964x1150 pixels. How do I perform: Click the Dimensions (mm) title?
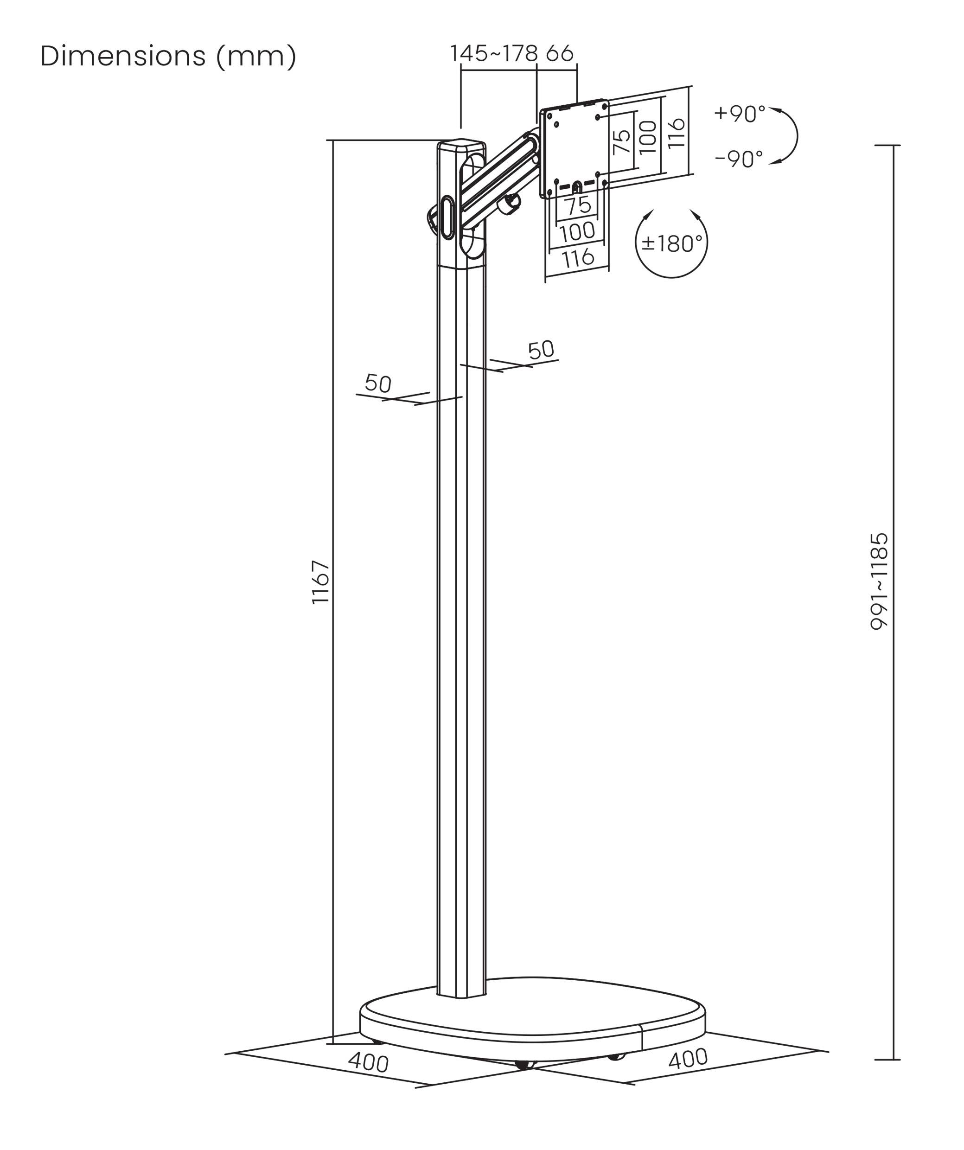[x=168, y=57]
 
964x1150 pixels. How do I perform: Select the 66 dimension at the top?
[x=560, y=54]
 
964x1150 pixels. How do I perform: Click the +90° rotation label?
[x=740, y=114]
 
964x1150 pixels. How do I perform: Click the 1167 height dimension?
[x=320, y=582]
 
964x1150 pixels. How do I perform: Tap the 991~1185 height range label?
[x=879, y=581]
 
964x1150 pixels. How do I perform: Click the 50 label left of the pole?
[x=378, y=383]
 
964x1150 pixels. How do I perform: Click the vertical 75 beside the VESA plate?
[x=622, y=142]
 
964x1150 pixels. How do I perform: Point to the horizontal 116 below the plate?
[x=578, y=257]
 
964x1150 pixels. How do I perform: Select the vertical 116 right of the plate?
[x=677, y=133]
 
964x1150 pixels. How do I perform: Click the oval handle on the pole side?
[x=447, y=217]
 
